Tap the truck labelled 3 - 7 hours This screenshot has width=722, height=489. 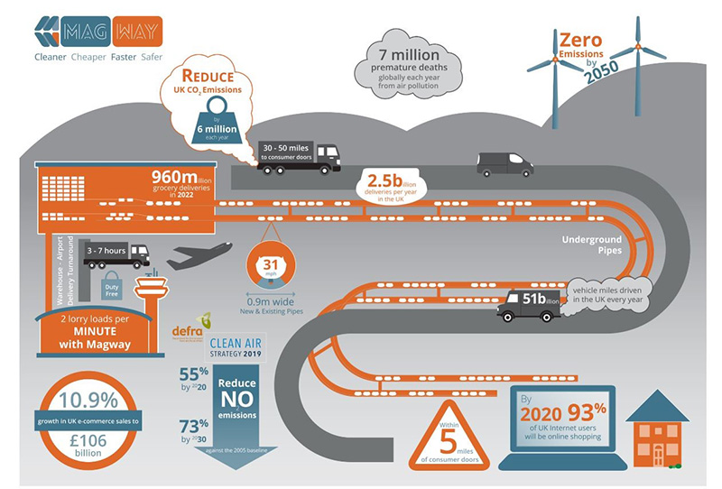tap(117, 254)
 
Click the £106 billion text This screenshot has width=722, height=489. tap(86, 444)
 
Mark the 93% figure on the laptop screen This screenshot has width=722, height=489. tap(585, 408)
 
